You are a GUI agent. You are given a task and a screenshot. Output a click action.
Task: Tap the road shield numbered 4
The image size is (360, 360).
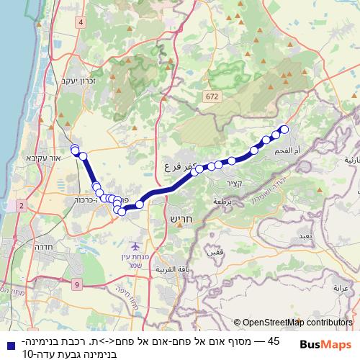(81, 22)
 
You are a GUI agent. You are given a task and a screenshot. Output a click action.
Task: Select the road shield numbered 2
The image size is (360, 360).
(21, 206)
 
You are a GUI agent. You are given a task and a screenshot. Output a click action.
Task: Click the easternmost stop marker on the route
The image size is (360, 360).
(284, 130)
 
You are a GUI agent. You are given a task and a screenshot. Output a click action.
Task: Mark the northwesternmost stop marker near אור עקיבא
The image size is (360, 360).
(74, 148)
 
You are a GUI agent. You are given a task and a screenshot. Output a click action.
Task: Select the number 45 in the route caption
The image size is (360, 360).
(273, 341)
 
